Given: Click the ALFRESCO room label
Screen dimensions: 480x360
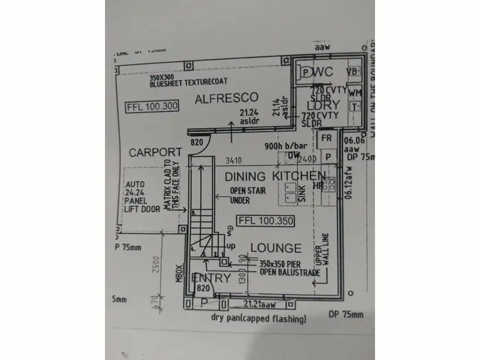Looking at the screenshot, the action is tap(227, 98).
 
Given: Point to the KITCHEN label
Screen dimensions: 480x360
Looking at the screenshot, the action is tap(299, 176).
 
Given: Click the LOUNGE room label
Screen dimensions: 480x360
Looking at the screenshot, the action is tap(275, 248).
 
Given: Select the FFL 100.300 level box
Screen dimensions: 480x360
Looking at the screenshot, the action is tap(153, 106).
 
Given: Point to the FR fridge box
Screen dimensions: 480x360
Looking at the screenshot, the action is tap(326, 138).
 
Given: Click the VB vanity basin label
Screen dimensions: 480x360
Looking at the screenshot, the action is tap(353, 72).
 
